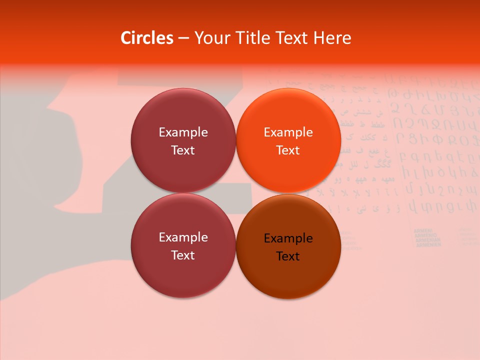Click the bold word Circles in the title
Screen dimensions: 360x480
[x=147, y=38]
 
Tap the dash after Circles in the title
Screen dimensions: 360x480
[x=183, y=38]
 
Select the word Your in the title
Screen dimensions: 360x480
[x=210, y=38]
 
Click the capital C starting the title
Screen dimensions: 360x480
[x=126, y=38]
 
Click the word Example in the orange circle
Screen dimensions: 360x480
[x=288, y=132]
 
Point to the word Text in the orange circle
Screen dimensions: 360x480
[x=288, y=150]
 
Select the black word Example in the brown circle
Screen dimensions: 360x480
[x=288, y=238]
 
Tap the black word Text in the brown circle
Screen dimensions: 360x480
[x=288, y=256]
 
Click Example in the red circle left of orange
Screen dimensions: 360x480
[x=183, y=132]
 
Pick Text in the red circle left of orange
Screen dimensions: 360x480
[x=183, y=150]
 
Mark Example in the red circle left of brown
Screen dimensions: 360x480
[x=183, y=237]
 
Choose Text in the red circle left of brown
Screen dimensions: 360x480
[x=183, y=255]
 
